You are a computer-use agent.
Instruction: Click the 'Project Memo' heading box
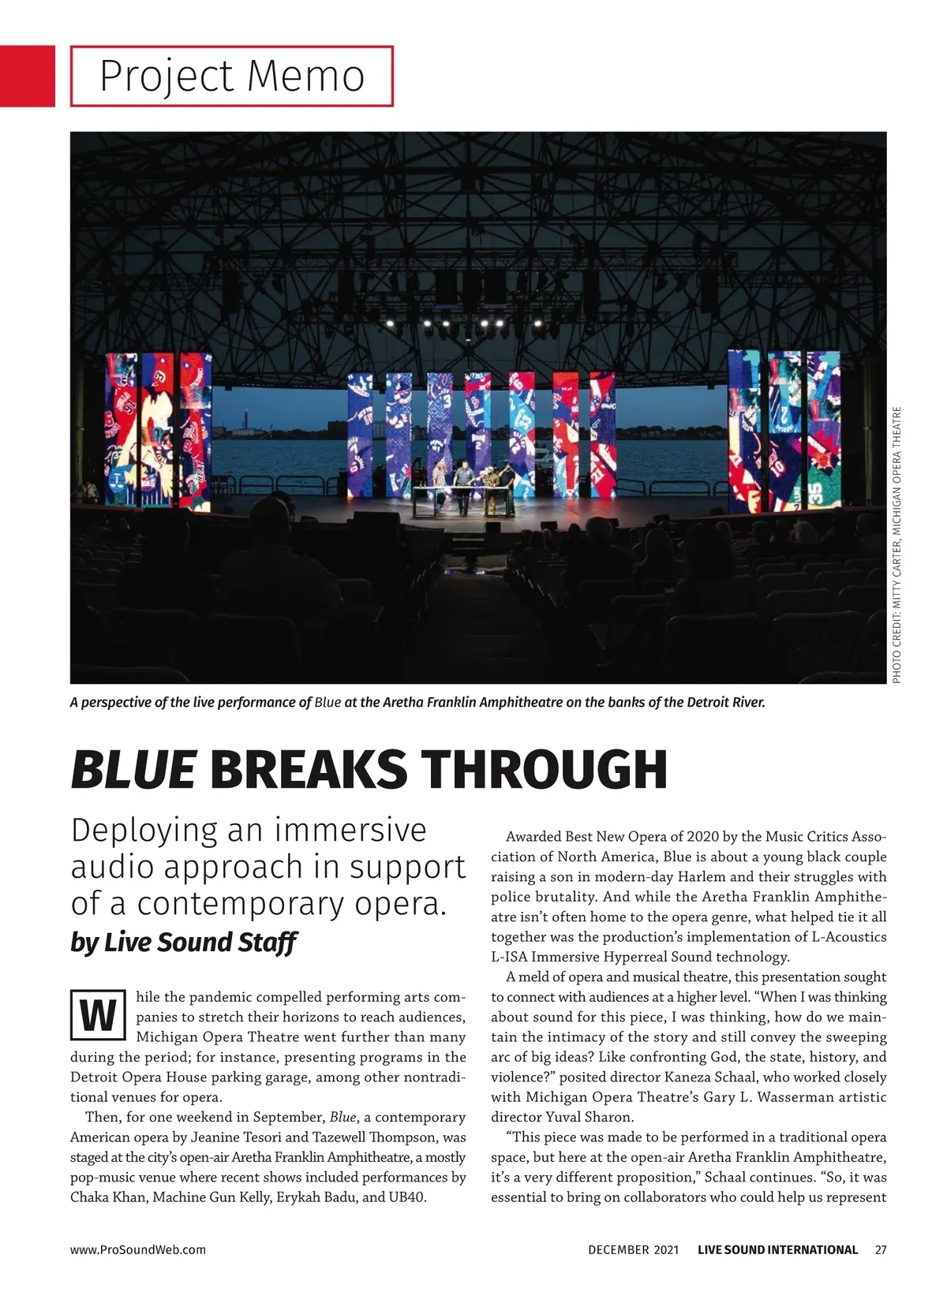pos(231,76)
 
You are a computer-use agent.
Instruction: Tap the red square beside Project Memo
pos(27,76)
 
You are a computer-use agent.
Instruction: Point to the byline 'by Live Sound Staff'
pos(183,942)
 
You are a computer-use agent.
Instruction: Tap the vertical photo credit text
pos(896,544)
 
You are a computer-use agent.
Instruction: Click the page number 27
pos(881,1249)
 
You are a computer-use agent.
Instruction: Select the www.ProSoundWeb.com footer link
pos(138,1249)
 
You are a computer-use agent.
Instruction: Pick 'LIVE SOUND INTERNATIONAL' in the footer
pos(777,1249)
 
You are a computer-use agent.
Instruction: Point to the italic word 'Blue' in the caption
pos(328,702)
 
